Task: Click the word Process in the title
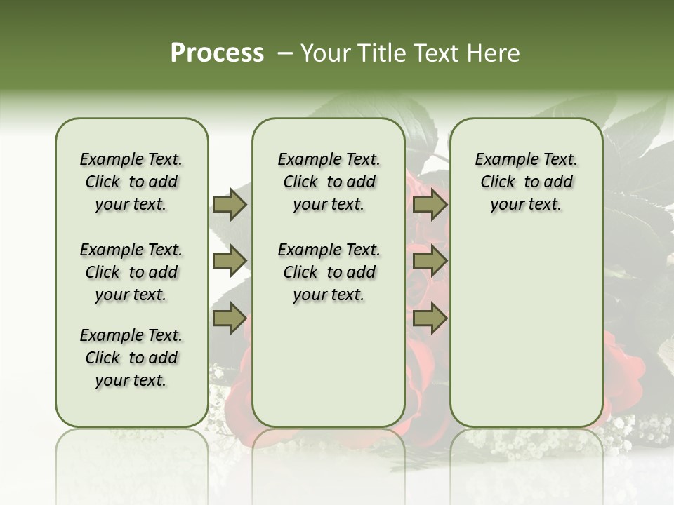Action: click(x=217, y=53)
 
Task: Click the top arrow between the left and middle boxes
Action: click(x=230, y=204)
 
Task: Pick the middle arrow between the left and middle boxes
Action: click(x=230, y=261)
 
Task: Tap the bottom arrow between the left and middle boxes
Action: click(x=230, y=318)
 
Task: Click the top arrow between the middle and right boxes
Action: click(x=430, y=204)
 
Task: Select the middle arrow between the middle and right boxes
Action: click(x=430, y=261)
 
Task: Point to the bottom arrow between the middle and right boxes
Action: click(x=430, y=318)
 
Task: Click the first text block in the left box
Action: click(x=131, y=182)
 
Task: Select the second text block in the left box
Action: click(x=131, y=272)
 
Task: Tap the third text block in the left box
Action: click(x=131, y=358)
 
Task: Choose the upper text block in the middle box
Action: click(x=329, y=182)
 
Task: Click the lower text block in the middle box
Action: click(x=329, y=272)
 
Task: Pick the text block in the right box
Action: click(x=527, y=182)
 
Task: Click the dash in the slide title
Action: click(x=284, y=53)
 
